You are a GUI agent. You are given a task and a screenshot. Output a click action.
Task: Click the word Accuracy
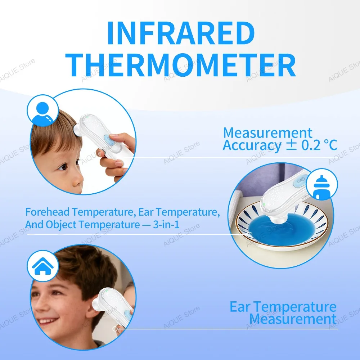[251, 146]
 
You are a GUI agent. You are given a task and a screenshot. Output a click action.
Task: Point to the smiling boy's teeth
[47, 321]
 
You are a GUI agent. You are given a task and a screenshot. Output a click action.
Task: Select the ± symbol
[291, 145]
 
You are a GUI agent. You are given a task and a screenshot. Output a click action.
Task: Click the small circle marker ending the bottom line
[115, 329]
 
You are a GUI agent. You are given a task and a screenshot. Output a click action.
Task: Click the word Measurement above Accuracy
[267, 133]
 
